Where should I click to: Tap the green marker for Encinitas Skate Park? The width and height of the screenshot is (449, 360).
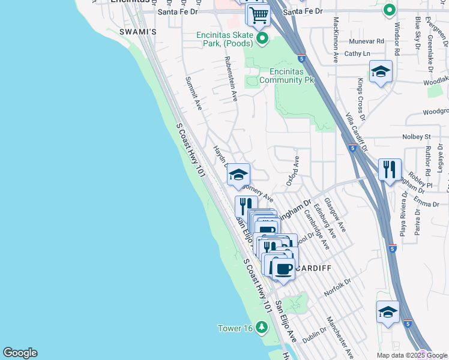pos(262,40)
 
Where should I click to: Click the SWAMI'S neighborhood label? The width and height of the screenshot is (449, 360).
pos(137,31)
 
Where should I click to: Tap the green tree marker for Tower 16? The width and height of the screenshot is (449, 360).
pos(261,327)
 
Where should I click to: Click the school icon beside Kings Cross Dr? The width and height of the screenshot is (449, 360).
pos(381,73)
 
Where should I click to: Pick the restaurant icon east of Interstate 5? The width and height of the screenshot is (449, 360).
pos(390,169)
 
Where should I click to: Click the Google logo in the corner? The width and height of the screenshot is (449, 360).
pos(20,353)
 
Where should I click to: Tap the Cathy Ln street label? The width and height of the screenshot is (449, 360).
pos(357,53)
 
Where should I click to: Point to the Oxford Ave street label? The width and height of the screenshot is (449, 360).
pos(292,171)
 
